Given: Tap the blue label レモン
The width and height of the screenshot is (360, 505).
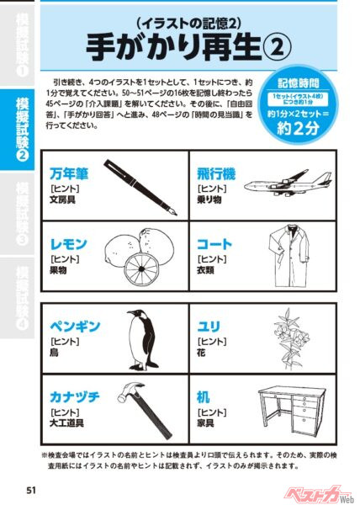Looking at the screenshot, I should coord(68,244).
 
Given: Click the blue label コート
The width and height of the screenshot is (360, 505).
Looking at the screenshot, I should coord(214,244).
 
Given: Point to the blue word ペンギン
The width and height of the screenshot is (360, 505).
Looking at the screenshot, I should coord(77,324).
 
